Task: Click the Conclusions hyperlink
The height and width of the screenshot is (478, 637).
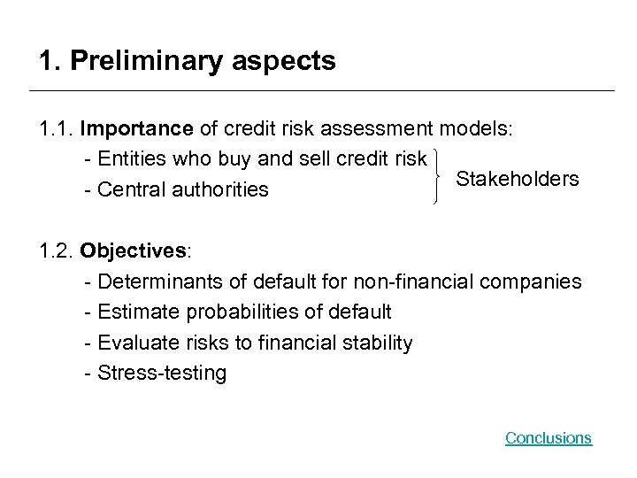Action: tap(548, 438)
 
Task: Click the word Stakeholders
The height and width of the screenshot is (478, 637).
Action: tap(518, 180)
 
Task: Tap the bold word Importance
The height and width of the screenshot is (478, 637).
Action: tap(136, 129)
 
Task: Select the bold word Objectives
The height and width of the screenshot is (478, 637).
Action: tap(133, 251)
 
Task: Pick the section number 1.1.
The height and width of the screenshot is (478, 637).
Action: tap(56, 129)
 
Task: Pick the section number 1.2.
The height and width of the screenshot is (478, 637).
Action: tap(56, 251)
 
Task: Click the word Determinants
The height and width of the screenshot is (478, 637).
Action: tap(151, 281)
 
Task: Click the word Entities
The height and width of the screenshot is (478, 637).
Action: tap(130, 159)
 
